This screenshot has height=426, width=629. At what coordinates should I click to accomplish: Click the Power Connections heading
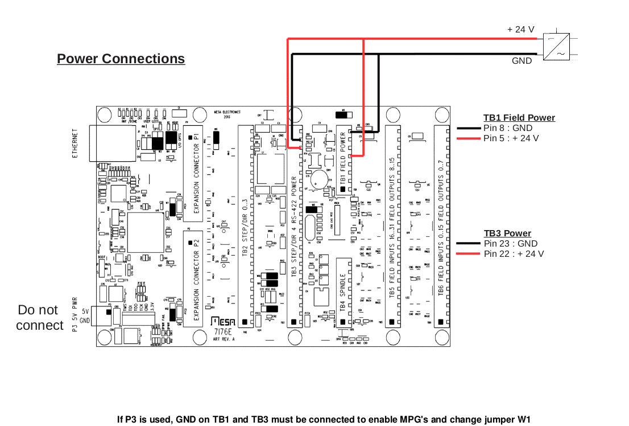point(121,59)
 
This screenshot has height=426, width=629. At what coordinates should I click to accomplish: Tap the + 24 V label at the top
point(520,29)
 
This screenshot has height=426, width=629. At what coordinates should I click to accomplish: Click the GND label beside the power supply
point(522,60)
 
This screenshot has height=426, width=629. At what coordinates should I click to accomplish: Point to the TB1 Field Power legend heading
point(519,118)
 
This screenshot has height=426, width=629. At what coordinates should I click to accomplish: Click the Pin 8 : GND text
point(508,128)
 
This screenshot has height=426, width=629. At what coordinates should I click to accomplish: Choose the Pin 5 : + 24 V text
point(511,138)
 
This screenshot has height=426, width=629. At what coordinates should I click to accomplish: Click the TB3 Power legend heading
point(507,234)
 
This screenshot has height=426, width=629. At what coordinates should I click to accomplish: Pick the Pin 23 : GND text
point(510,244)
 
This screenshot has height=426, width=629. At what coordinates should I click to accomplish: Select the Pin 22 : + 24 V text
point(514,254)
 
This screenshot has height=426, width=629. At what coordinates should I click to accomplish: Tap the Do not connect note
point(39,318)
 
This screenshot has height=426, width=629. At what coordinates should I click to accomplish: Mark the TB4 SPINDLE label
point(343,292)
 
